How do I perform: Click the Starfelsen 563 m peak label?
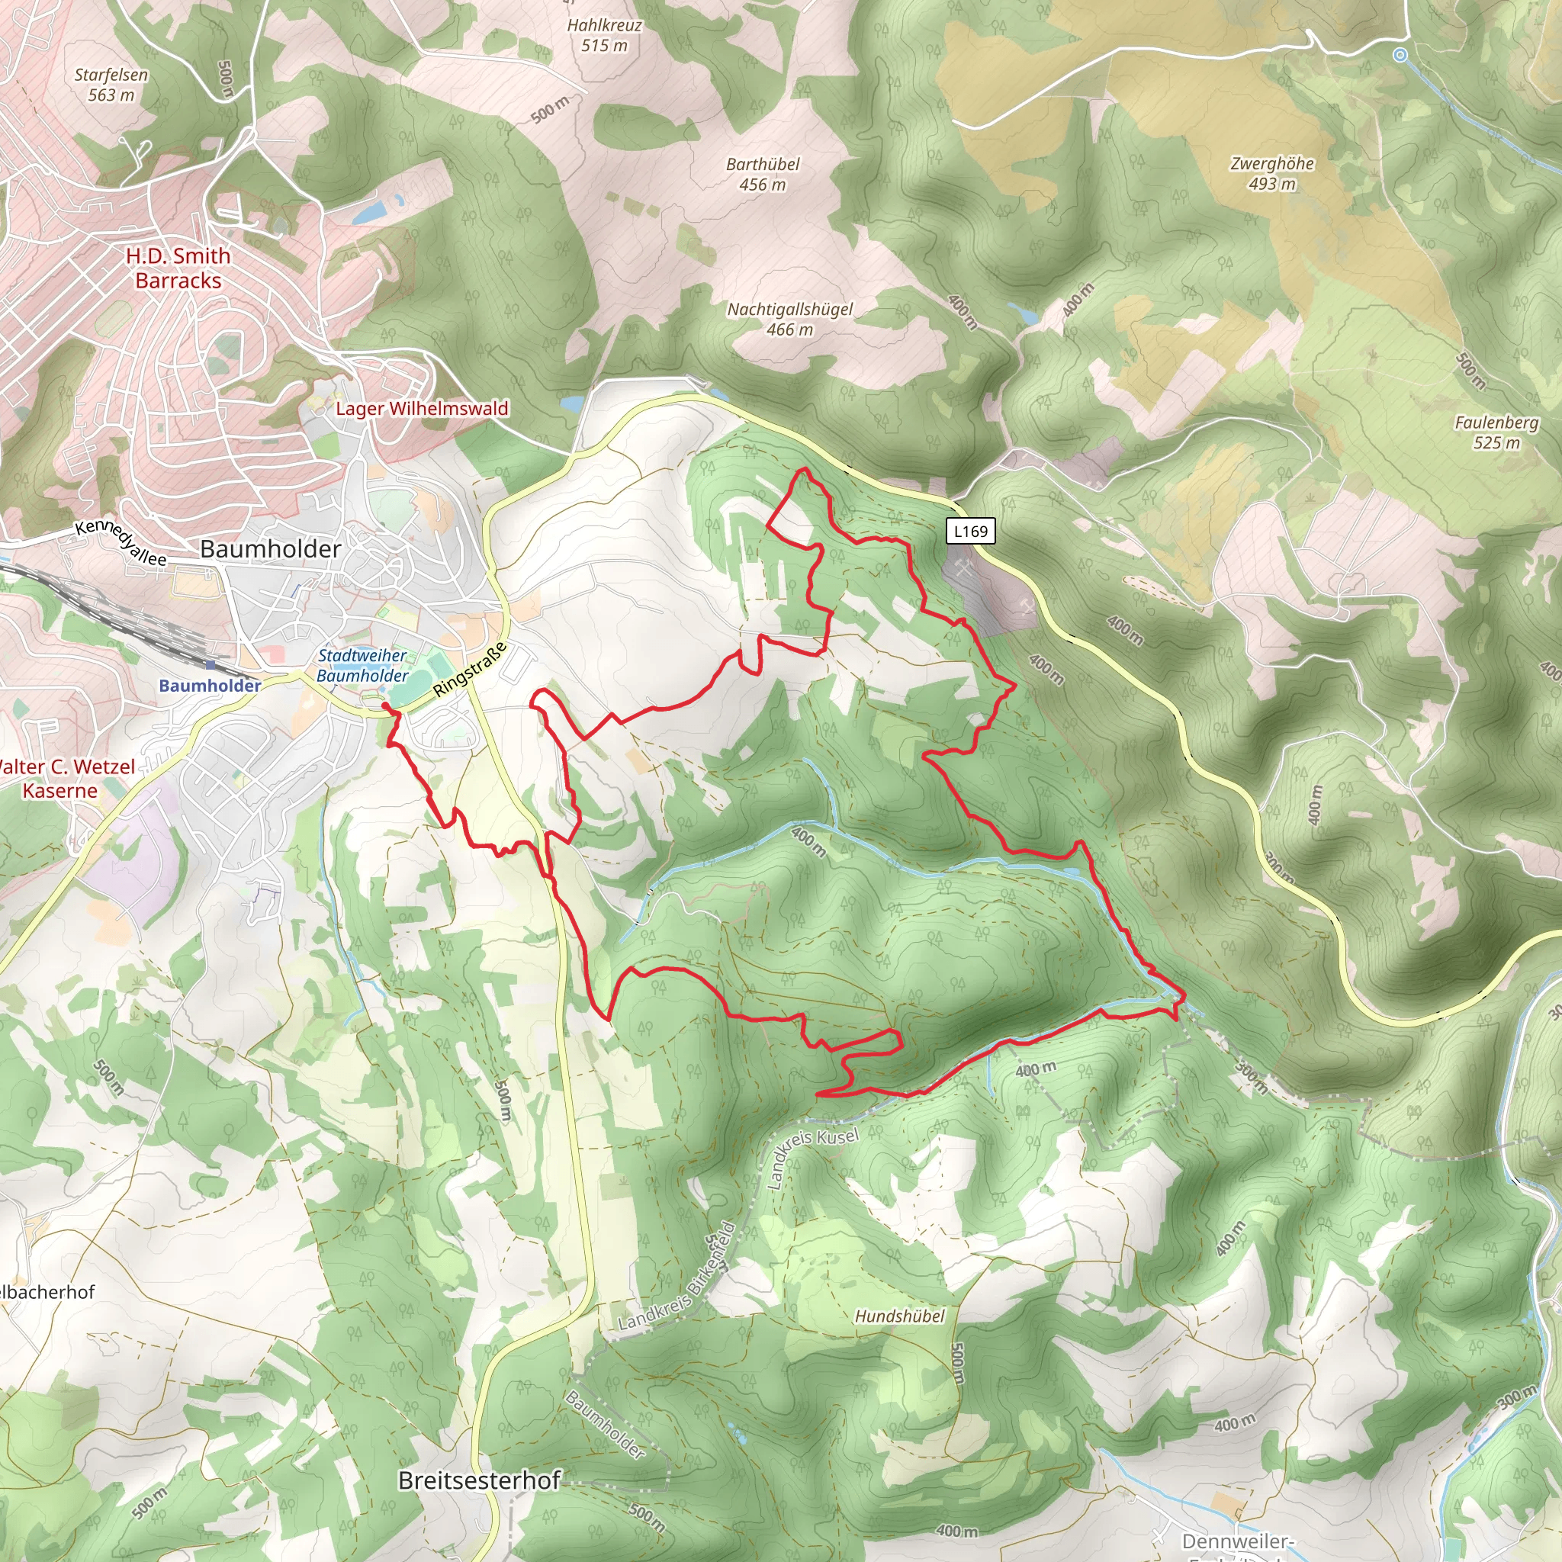pyautogui.click(x=111, y=85)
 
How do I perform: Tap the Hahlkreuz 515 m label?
pyautogui.click(x=604, y=36)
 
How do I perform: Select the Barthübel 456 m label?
pyautogui.click(x=763, y=175)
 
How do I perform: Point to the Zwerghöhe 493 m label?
pyautogui.click(x=1271, y=174)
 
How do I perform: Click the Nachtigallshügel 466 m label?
pyautogui.click(x=790, y=320)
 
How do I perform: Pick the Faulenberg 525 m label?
pyautogui.click(x=1496, y=432)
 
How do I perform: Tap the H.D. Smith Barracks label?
pyautogui.click(x=178, y=268)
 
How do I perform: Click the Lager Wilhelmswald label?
pyautogui.click(x=422, y=409)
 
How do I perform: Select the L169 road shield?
pyautogui.click(x=970, y=531)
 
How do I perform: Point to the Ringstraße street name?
pyautogui.click(x=470, y=670)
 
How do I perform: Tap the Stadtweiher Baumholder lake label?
pyautogui.click(x=362, y=665)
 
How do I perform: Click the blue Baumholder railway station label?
pyautogui.click(x=210, y=686)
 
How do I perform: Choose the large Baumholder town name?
pyautogui.click(x=270, y=549)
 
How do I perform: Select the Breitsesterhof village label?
pyautogui.click(x=480, y=1480)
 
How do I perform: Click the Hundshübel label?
pyautogui.click(x=899, y=1316)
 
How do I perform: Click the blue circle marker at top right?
pyautogui.click(x=1400, y=55)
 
